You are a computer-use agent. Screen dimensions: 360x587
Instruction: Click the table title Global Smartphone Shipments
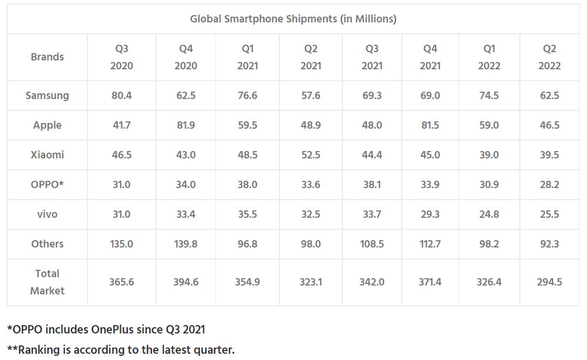pyautogui.click(x=293, y=19)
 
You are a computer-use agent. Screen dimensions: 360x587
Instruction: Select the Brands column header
pyautogui.click(x=47, y=57)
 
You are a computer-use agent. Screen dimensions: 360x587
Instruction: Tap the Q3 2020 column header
pyautogui.click(x=122, y=57)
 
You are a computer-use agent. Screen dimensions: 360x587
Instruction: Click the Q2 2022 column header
pyautogui.click(x=549, y=57)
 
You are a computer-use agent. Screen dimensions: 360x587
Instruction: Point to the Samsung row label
pyautogui.click(x=47, y=95)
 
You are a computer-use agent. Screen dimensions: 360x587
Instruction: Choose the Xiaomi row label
pyautogui.click(x=47, y=155)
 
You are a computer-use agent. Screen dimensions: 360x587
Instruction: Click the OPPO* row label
pyautogui.click(x=47, y=184)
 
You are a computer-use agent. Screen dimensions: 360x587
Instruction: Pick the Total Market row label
pyautogui.click(x=47, y=282)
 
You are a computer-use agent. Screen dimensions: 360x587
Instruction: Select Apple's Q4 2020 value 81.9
pyautogui.click(x=185, y=125)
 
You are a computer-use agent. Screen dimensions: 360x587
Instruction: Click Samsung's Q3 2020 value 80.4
pyautogui.click(x=122, y=95)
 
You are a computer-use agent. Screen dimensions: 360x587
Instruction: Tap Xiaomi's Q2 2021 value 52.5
pyautogui.click(x=311, y=155)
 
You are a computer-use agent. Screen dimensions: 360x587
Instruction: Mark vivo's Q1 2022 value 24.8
pyautogui.click(x=489, y=214)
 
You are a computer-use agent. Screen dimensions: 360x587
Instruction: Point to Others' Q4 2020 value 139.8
pyautogui.click(x=185, y=244)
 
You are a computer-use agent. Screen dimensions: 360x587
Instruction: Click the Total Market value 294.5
pyautogui.click(x=549, y=282)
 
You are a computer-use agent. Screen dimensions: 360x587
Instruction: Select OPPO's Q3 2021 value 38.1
pyautogui.click(x=372, y=184)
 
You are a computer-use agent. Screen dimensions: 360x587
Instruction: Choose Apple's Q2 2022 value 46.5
pyautogui.click(x=549, y=125)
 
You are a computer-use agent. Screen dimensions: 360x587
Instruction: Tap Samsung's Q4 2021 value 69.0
pyautogui.click(x=430, y=95)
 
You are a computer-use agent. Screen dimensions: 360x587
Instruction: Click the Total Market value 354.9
pyautogui.click(x=248, y=282)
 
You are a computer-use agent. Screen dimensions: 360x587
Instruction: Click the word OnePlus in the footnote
pyautogui.click(x=115, y=329)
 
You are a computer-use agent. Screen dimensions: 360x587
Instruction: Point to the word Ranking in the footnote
pyautogui.click(x=41, y=350)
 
